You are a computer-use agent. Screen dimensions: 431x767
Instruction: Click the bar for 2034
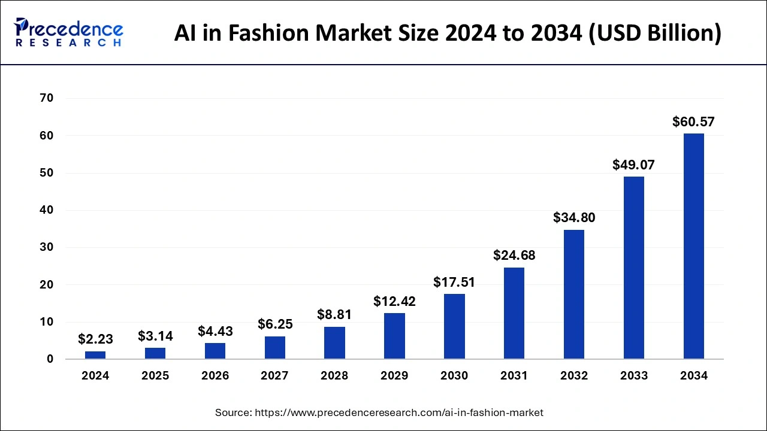click(x=693, y=246)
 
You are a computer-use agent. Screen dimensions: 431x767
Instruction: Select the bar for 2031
click(x=514, y=313)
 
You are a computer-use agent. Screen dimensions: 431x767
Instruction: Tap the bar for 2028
click(x=334, y=342)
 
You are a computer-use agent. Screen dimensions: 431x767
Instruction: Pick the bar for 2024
click(x=95, y=355)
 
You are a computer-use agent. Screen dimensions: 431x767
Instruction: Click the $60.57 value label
click(x=693, y=122)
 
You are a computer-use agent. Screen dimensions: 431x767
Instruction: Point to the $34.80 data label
click(x=574, y=218)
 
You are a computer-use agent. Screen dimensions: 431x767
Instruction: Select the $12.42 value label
click(x=394, y=301)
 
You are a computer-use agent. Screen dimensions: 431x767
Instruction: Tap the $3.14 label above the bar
click(x=155, y=336)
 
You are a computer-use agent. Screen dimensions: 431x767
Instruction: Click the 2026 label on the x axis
click(x=215, y=376)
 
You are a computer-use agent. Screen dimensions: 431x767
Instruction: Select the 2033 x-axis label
click(x=634, y=376)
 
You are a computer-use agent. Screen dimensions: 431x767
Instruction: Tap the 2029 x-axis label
click(x=394, y=376)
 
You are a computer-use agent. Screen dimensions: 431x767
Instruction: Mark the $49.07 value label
click(x=633, y=165)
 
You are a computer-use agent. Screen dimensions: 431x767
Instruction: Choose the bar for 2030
click(x=454, y=326)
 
